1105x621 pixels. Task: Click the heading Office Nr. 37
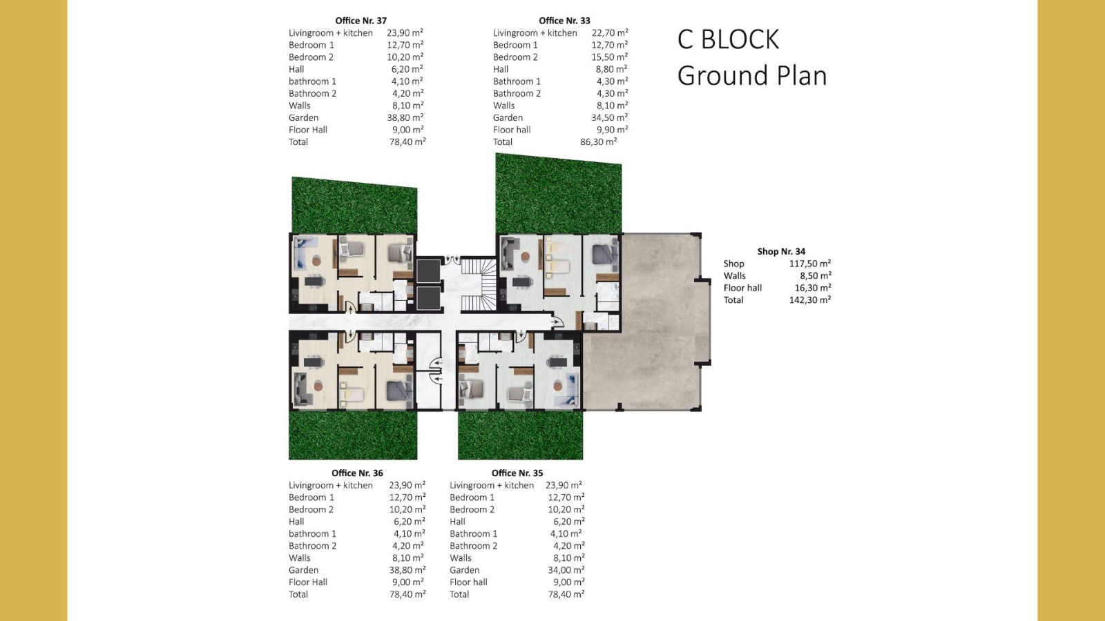point(361,21)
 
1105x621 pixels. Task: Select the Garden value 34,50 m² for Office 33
point(610,117)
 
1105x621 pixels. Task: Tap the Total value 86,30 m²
point(598,141)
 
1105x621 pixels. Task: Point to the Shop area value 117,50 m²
point(810,264)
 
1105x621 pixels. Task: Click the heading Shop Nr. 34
point(781,251)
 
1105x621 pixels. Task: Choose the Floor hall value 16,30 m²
point(812,288)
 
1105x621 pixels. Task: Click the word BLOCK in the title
point(740,39)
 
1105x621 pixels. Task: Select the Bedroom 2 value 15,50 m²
point(610,57)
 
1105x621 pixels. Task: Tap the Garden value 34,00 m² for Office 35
point(566,570)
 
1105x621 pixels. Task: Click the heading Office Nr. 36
point(357,473)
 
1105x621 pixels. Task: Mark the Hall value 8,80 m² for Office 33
point(612,69)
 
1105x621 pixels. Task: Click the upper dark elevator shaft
point(427,271)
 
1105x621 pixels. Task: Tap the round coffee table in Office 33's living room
point(525,256)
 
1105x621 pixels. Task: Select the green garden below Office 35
point(521,435)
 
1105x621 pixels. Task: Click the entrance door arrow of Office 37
point(351,308)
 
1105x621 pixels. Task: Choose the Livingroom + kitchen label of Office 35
point(491,485)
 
